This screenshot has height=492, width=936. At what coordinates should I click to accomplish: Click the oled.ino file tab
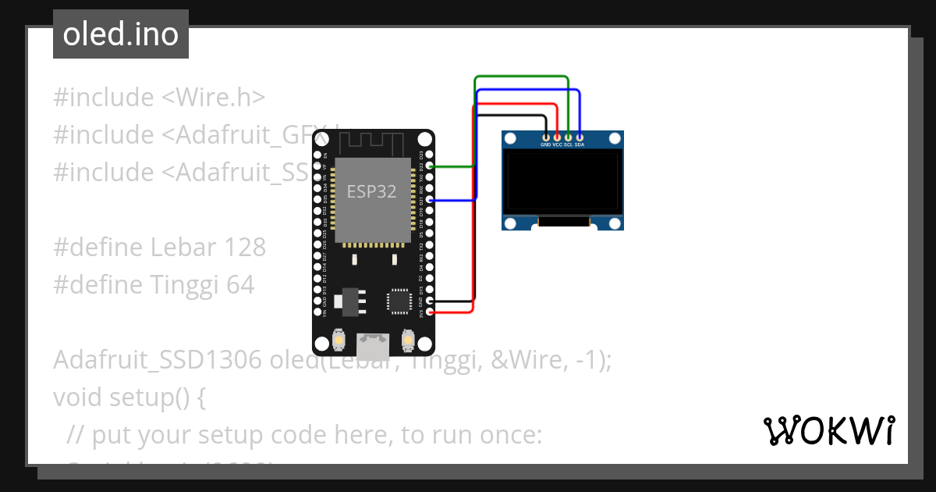point(121,34)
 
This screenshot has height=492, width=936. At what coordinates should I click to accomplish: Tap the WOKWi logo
point(828,430)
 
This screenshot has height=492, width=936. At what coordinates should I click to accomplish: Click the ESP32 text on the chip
point(372,191)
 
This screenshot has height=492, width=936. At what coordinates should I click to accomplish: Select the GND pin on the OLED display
point(545,137)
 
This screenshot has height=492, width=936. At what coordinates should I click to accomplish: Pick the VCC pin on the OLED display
point(557,137)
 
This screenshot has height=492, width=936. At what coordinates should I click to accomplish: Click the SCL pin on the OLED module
point(569,137)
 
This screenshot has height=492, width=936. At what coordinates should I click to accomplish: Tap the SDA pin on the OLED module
point(580,137)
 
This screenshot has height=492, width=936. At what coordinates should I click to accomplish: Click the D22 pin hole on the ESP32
point(428,166)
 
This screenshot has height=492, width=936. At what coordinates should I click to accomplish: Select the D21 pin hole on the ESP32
point(428,201)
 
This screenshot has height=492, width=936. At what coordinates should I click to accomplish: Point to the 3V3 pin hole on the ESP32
point(428,312)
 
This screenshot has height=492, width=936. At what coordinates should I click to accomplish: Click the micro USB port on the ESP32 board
point(373,344)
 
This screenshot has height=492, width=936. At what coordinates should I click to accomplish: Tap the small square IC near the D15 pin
point(399,301)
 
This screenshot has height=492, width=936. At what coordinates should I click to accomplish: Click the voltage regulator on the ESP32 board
point(347,301)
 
